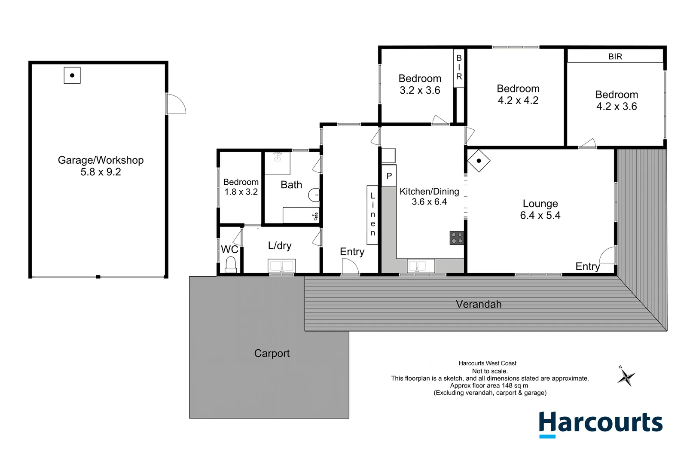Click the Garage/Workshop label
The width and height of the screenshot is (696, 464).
click(x=101, y=160)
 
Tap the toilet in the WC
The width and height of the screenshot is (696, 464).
click(x=231, y=264)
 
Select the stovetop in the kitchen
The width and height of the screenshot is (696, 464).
click(x=457, y=238)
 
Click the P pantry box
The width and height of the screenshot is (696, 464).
click(x=389, y=176)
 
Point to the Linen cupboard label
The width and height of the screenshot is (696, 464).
click(x=372, y=214)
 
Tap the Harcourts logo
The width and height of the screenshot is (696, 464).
click(x=600, y=423)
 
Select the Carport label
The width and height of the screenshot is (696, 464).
click(x=272, y=353)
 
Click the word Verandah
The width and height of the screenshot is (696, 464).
click(x=479, y=304)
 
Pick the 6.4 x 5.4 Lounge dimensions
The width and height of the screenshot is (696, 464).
click(x=540, y=215)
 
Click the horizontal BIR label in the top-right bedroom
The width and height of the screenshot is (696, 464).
click(x=615, y=56)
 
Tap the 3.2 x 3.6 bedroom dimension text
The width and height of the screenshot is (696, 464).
click(x=420, y=90)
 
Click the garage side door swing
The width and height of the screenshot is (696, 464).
click(x=176, y=104)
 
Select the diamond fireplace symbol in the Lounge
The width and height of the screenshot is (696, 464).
click(x=479, y=161)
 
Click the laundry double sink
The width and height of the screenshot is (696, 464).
click(x=281, y=266)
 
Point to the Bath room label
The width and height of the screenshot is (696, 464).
click(x=291, y=185)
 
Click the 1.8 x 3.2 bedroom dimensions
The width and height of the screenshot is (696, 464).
click(x=241, y=192)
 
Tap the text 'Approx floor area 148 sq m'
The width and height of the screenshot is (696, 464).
click(x=489, y=385)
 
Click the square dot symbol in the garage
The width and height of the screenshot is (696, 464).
click(x=72, y=75)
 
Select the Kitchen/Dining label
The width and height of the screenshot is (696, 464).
click(x=429, y=192)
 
